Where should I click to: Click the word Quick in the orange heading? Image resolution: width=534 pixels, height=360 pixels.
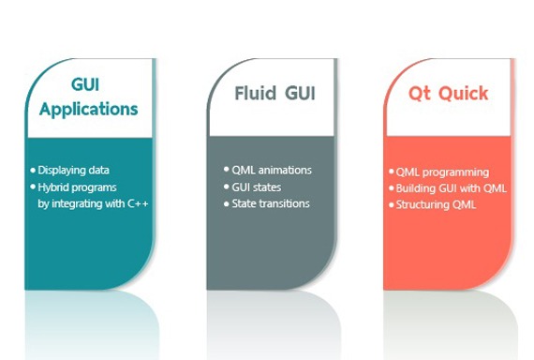tap(461, 94)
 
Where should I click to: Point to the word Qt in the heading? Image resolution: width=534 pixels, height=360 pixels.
tap(421, 94)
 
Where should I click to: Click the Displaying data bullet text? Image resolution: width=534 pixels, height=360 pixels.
tap(74, 170)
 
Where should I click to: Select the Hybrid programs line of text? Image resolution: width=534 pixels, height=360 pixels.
tap(79, 187)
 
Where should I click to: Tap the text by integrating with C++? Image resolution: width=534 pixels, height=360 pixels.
tap(93, 202)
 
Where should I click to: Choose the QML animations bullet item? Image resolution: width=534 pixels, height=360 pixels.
tap(272, 170)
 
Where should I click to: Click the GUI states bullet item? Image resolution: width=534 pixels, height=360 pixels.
tap(258, 187)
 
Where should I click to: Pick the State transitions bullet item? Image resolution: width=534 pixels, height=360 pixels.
tap(271, 202)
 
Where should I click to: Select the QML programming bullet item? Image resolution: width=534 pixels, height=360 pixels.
tap(442, 172)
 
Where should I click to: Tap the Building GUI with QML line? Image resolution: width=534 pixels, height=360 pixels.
tap(451, 187)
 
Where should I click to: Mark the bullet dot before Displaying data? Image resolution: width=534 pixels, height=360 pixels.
tap(33, 170)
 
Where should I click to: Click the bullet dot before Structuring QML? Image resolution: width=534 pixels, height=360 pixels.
tap(391, 203)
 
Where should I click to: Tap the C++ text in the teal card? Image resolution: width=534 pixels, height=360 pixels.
tap(138, 202)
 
